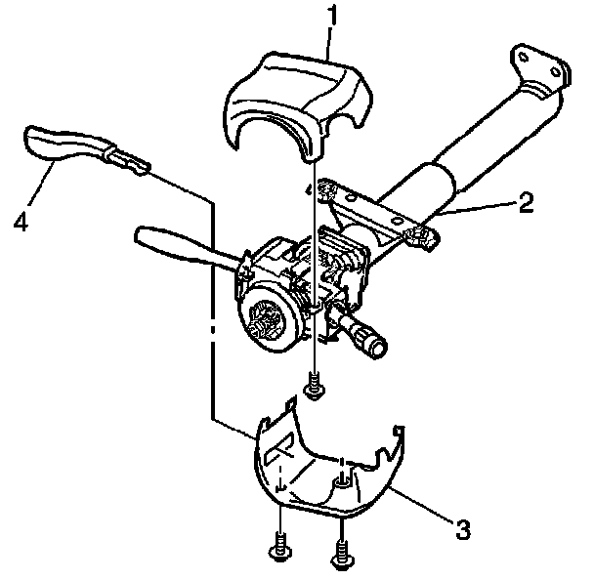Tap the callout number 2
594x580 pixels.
pyautogui.click(x=526, y=202)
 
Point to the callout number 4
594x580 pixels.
pyautogui.click(x=21, y=221)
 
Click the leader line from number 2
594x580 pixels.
pyautogui.click(x=479, y=207)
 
